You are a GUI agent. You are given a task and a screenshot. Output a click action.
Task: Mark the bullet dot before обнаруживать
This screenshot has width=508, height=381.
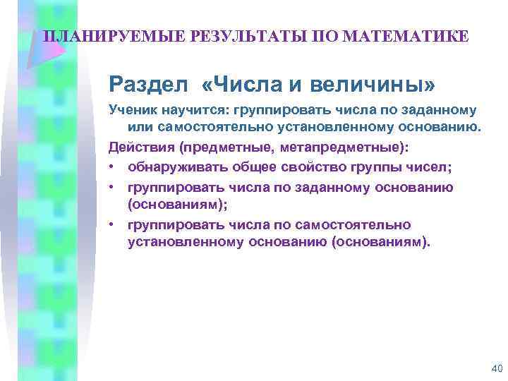click(112, 168)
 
